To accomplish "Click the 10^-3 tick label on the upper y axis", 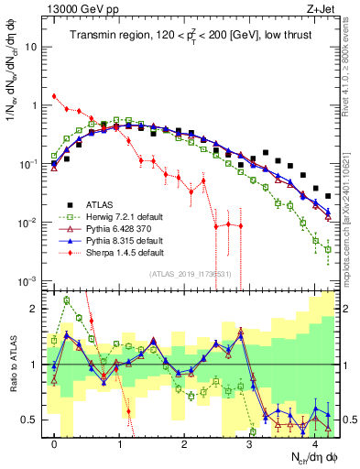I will [x=29, y=281].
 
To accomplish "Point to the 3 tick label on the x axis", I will [x=249, y=444].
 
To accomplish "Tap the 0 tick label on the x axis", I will [x=55, y=444].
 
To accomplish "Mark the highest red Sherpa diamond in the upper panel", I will [x=55, y=95].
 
